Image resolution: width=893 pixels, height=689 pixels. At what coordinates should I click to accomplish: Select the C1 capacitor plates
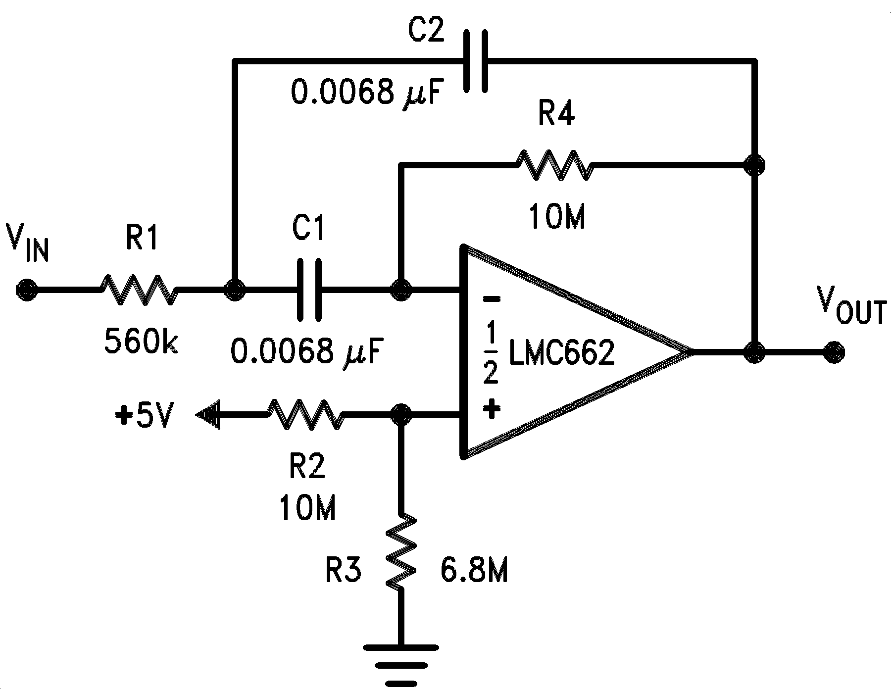click(x=309, y=289)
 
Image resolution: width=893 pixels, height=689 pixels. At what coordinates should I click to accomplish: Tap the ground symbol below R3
click(x=401, y=658)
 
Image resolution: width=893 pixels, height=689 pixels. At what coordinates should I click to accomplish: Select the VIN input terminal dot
click(x=25, y=289)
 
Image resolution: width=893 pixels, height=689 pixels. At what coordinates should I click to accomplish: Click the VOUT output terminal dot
click(x=834, y=353)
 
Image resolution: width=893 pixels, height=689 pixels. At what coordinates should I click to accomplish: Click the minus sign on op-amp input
click(x=491, y=299)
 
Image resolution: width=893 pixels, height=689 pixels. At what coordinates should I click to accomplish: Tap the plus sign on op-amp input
click(x=491, y=410)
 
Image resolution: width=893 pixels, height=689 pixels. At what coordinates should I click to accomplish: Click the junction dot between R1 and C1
click(x=234, y=289)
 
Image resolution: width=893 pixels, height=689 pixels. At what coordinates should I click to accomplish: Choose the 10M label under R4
click(x=557, y=217)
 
